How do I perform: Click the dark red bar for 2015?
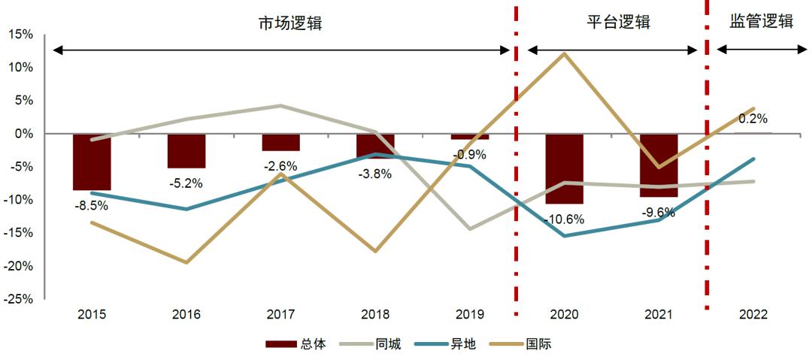pyautogui.click(x=92, y=162)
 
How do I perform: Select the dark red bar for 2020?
pyautogui.click(x=564, y=168)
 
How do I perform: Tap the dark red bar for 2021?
pyautogui.click(x=659, y=165)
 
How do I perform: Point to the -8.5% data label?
pyautogui.click(x=92, y=204)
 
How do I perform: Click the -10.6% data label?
pyautogui.click(x=564, y=219)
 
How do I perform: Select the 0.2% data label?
pyautogui.click(x=753, y=119)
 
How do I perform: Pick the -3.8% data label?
pyautogui.click(x=375, y=174)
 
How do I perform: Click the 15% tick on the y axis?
pyautogui.click(x=21, y=35)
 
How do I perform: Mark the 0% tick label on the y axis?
pyautogui.click(x=24, y=134)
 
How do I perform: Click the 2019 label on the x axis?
pyautogui.click(x=469, y=315)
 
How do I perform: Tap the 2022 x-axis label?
pyautogui.click(x=753, y=315)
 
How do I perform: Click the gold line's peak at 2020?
pyautogui.click(x=564, y=53)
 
